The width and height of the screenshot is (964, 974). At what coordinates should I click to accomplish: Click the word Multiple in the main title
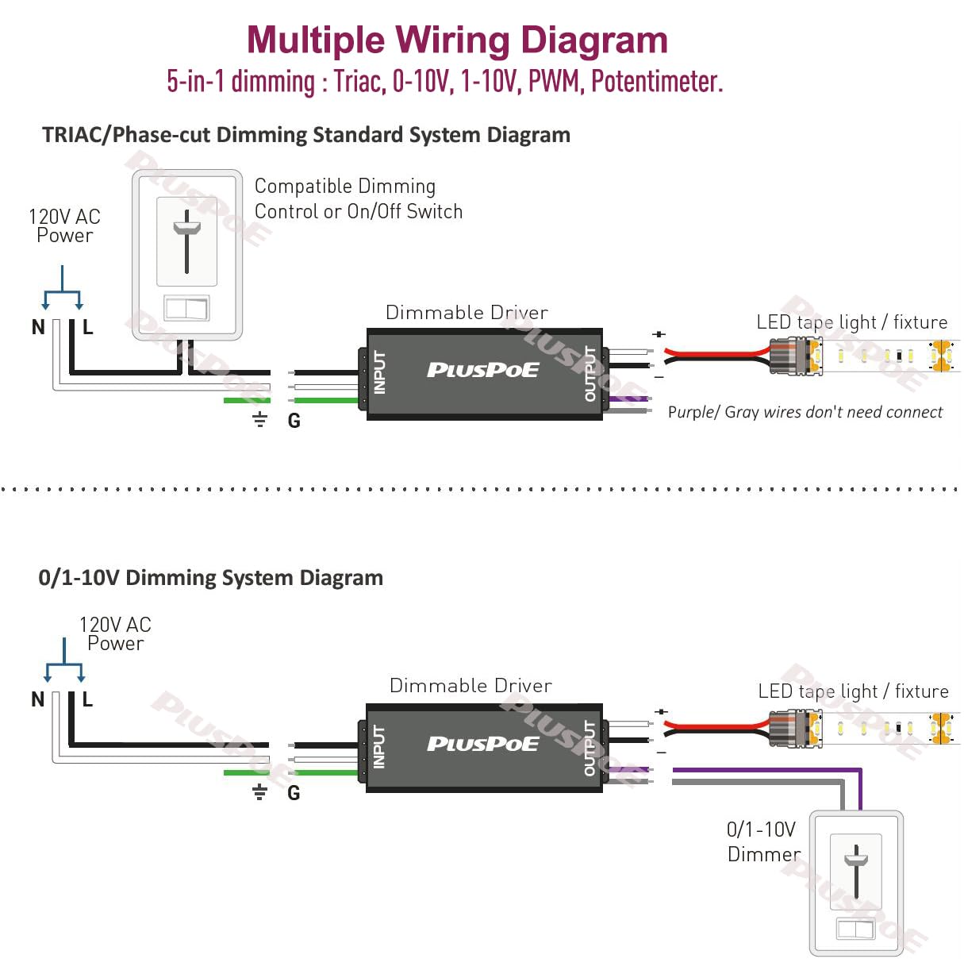[x=315, y=40]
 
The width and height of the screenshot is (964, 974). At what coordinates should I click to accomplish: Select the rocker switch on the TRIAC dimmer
[x=186, y=307]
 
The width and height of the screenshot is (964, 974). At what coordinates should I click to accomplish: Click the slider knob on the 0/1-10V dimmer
[x=856, y=859]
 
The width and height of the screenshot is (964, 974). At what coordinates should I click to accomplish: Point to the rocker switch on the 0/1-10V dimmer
[x=855, y=928]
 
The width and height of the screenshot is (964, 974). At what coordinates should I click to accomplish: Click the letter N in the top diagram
[x=38, y=327]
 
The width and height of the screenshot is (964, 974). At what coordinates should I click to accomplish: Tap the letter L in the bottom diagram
[x=87, y=700]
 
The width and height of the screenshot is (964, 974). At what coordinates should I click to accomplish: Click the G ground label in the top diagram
[x=294, y=422]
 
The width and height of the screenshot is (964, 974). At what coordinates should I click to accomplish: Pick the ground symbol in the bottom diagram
[x=259, y=791]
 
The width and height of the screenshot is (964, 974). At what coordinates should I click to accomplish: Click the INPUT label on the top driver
[x=379, y=372]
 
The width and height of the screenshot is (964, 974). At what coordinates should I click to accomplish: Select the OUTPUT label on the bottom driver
[x=590, y=748]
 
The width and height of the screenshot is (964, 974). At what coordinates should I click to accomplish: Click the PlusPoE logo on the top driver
[x=482, y=370]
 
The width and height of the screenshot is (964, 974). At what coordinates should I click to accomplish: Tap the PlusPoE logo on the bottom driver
[x=482, y=744]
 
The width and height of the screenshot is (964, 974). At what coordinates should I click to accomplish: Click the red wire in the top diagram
[x=714, y=353]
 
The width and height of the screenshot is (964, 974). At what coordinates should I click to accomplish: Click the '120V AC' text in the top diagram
[x=64, y=217]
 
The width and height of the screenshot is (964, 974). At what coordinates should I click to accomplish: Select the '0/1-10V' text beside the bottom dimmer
[x=761, y=830]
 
